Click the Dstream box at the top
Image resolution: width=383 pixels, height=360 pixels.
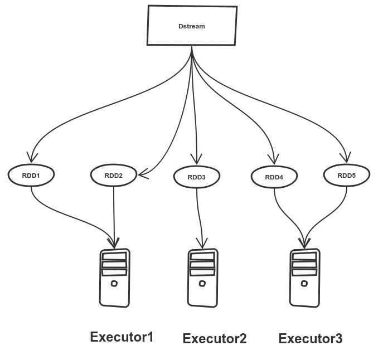[192, 25]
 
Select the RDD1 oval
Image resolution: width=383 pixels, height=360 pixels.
[31, 175]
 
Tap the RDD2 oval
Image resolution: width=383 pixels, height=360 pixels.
[114, 176]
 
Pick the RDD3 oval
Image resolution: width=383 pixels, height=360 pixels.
[197, 177]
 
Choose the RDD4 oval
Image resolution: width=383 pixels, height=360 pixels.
[274, 177]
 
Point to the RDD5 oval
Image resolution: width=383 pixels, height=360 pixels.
[347, 175]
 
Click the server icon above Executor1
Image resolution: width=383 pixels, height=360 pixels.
[115, 278]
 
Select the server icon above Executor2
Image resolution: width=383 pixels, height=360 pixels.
[202, 278]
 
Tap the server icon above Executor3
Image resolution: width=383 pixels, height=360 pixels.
[305, 278]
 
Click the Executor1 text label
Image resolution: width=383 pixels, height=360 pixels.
[122, 337]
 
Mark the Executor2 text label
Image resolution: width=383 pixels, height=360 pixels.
[215, 338]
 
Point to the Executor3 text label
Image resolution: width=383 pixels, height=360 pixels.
[311, 338]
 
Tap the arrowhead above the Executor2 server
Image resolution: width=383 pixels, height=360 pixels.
[202, 244]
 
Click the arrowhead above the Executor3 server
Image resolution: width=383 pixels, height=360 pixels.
[304, 244]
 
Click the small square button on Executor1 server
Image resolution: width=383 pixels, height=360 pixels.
[114, 284]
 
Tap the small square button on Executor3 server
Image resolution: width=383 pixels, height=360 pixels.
[304, 283]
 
